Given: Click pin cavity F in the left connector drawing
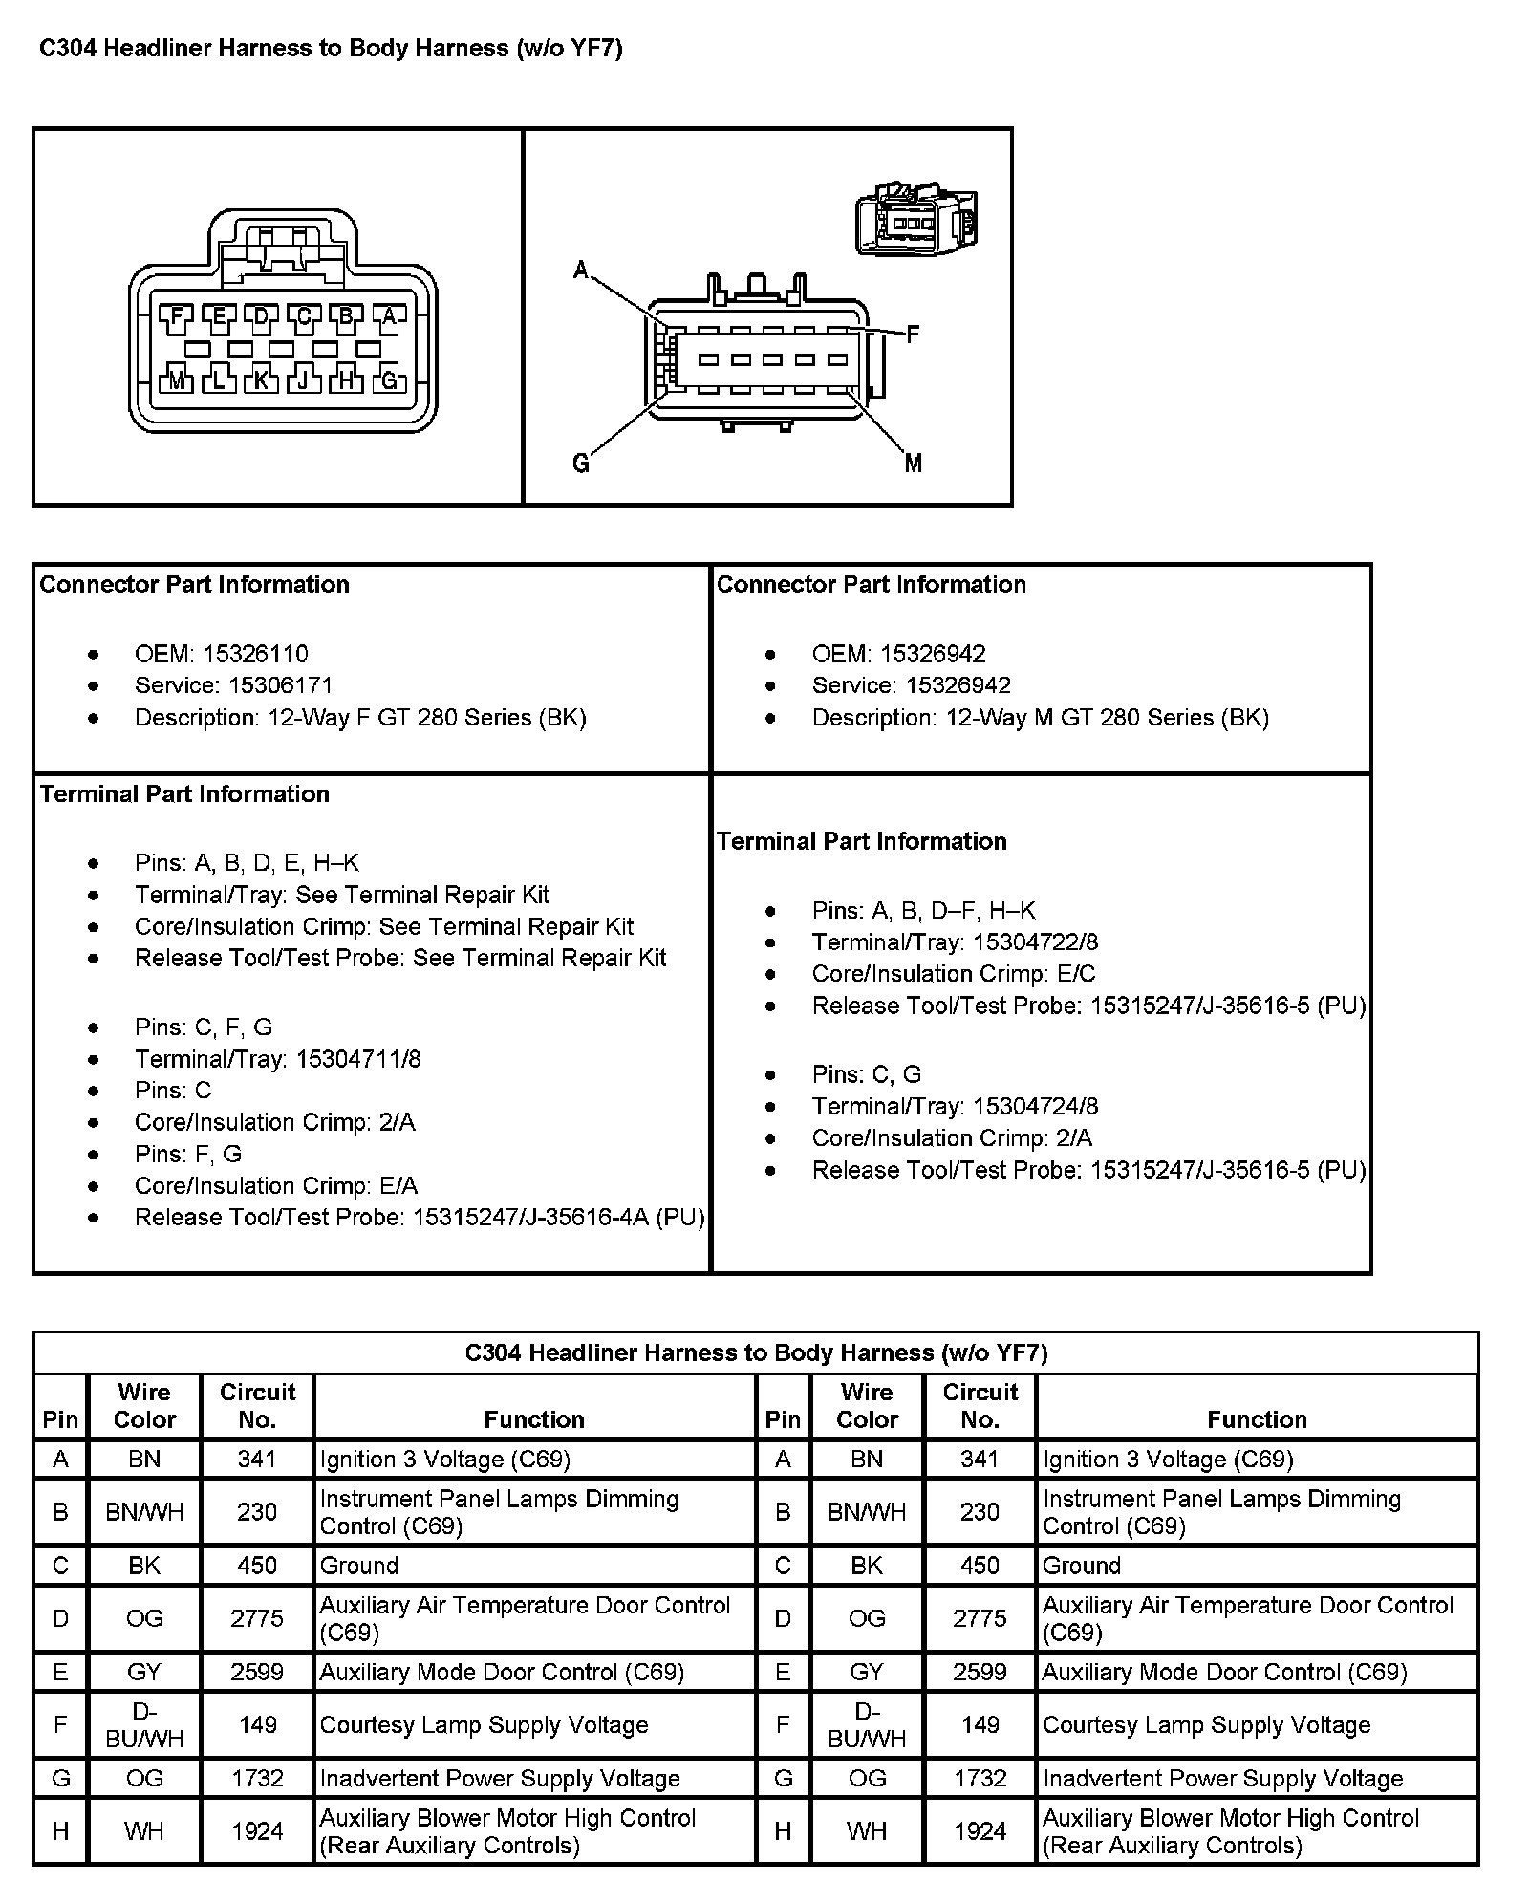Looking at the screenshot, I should tap(177, 316).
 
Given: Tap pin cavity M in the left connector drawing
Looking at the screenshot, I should tap(177, 379).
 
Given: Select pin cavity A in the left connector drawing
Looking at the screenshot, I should tap(389, 316).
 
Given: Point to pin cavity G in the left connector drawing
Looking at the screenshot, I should tap(389, 379).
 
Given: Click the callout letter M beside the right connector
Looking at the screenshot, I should tap(914, 464).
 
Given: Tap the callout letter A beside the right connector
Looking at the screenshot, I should tap(581, 270).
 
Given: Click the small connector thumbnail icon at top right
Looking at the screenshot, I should tap(915, 222).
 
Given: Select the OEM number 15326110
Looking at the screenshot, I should tap(255, 654).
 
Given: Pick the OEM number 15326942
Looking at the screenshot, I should tap(933, 654).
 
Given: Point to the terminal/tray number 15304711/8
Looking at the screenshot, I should tap(358, 1059).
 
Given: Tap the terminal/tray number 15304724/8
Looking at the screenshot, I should tap(1036, 1106).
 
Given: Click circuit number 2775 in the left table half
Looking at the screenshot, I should tap(257, 1618).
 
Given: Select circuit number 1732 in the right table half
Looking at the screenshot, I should tap(980, 1778).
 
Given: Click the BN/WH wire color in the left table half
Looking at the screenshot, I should tap(144, 1512).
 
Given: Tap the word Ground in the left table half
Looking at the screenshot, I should tap(359, 1566).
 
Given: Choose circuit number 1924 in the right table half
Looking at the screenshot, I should tap(980, 1831).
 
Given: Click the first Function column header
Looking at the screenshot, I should tap(534, 1419).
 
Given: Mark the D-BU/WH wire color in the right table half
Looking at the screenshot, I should tap(867, 1725).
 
